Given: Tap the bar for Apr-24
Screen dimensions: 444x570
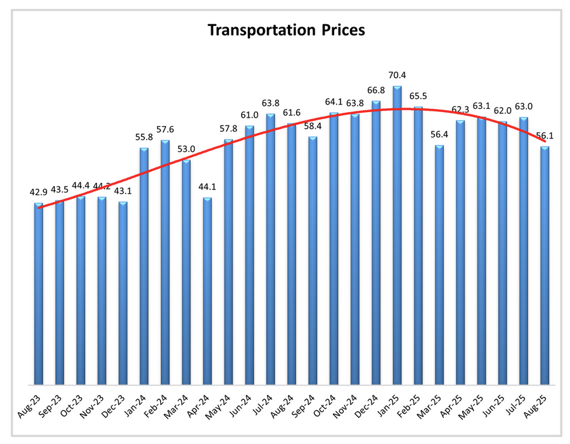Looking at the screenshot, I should pos(207,291).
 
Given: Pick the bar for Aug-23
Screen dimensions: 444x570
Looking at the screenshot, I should pos(39,294).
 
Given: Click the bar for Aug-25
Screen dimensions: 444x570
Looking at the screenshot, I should pos(544,265).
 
